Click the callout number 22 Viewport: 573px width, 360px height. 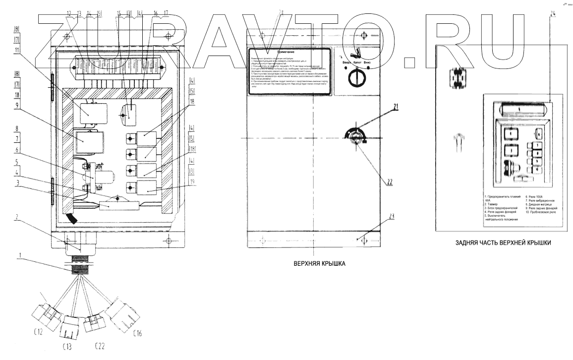click(391, 181)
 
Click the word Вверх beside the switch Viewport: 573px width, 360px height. click(344, 62)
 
